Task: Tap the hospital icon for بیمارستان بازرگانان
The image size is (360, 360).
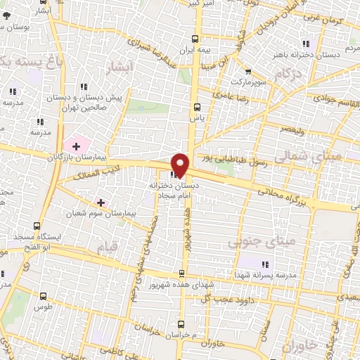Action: tap(76, 146)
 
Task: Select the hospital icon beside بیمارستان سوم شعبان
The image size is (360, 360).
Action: tap(101, 202)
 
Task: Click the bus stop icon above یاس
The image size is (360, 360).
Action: tap(196, 108)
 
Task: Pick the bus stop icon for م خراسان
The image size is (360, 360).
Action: tap(181, 324)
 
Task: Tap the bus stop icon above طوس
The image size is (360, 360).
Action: tap(44, 296)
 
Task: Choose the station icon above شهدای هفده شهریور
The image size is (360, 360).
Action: tap(182, 274)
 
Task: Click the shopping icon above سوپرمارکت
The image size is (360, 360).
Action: tap(247, 71)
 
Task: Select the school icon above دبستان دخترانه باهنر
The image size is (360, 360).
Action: tap(304, 40)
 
